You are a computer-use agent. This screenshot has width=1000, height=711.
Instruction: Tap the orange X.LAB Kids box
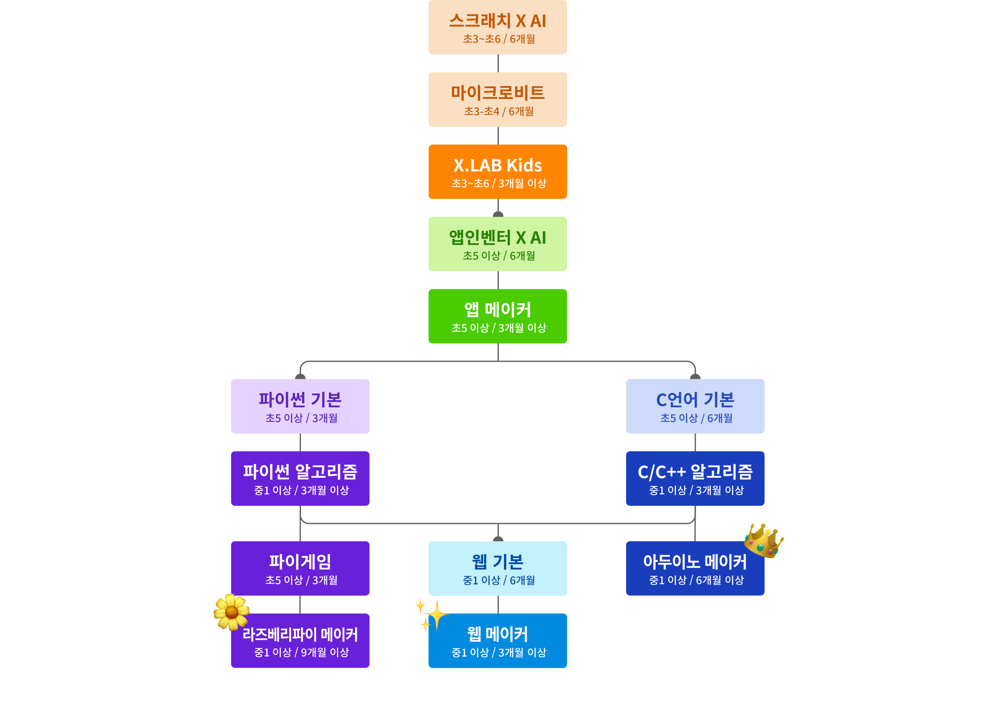pyautogui.click(x=497, y=172)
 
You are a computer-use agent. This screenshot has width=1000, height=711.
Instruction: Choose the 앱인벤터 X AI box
pyautogui.click(x=497, y=244)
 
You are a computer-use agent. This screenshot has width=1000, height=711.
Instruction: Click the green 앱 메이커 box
pyautogui.click(x=497, y=316)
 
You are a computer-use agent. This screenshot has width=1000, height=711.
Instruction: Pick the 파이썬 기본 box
pyautogui.click(x=300, y=406)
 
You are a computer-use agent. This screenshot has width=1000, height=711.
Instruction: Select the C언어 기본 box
pyautogui.click(x=695, y=406)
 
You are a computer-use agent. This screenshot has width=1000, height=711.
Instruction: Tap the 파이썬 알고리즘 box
pyautogui.click(x=300, y=478)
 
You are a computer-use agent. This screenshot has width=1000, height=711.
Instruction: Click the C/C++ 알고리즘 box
pyautogui.click(x=695, y=478)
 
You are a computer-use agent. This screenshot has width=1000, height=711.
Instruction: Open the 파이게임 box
pyautogui.click(x=300, y=568)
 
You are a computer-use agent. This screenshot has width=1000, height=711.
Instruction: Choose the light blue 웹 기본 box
pyautogui.click(x=497, y=568)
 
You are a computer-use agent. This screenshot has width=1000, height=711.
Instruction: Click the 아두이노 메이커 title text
pyautogui.click(x=695, y=562)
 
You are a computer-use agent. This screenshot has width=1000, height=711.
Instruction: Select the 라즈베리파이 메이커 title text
pyautogui.click(x=300, y=634)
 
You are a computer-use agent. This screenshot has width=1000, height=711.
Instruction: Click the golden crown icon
pyautogui.click(x=764, y=541)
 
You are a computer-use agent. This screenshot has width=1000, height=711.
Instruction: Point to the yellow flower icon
pyautogui.click(x=231, y=612)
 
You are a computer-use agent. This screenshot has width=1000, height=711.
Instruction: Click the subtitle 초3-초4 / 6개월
pyautogui.click(x=499, y=111)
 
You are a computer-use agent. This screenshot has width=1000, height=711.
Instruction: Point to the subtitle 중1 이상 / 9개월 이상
pyautogui.click(x=301, y=652)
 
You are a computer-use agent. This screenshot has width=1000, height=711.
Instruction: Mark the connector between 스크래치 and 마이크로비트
pyautogui.click(x=498, y=63)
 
